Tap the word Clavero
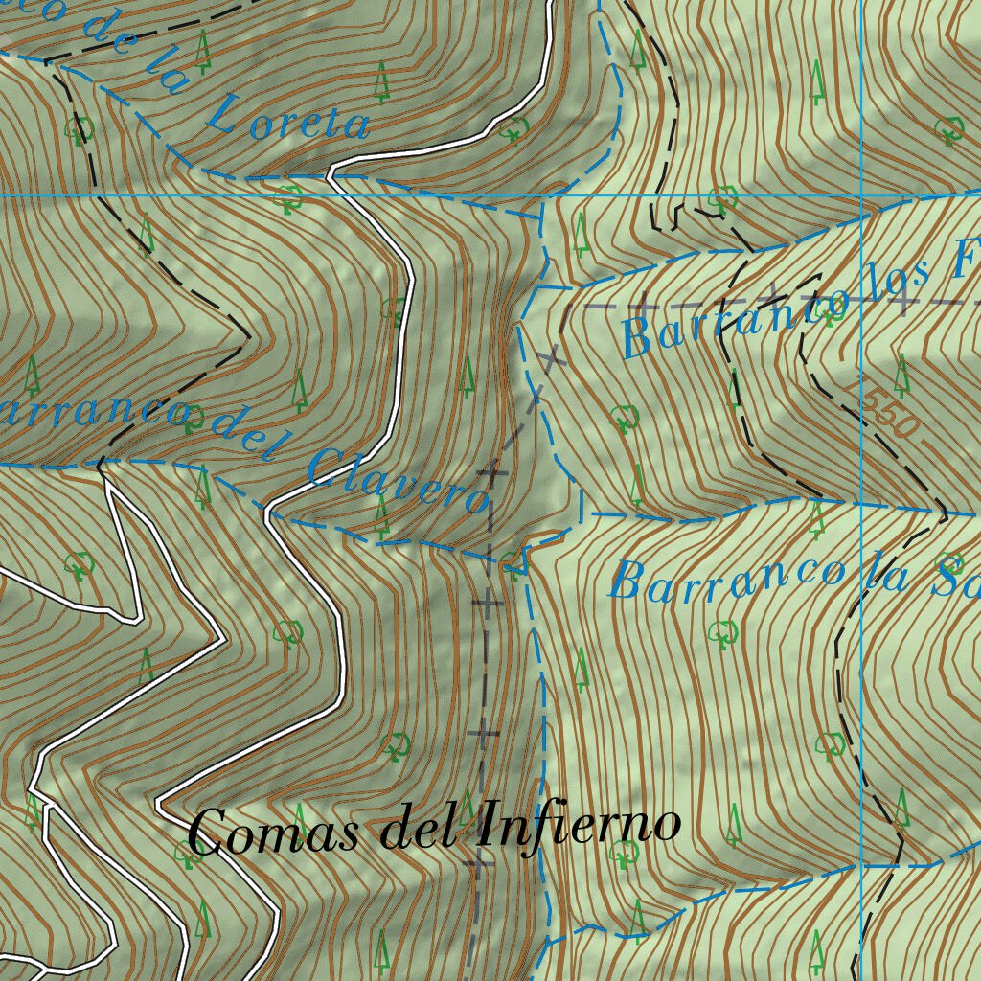pyautogui.click(x=398, y=480)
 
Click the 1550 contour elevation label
pyautogui.click(x=888, y=413)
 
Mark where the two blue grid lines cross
pyautogui.click(x=861, y=195)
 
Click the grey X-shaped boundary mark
pyautogui.click(x=549, y=358)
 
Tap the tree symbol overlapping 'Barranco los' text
pyautogui.click(x=834, y=306)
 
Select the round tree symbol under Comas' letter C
pyautogui.click(x=189, y=854)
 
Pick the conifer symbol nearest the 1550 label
pyautogui.click(x=901, y=376)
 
